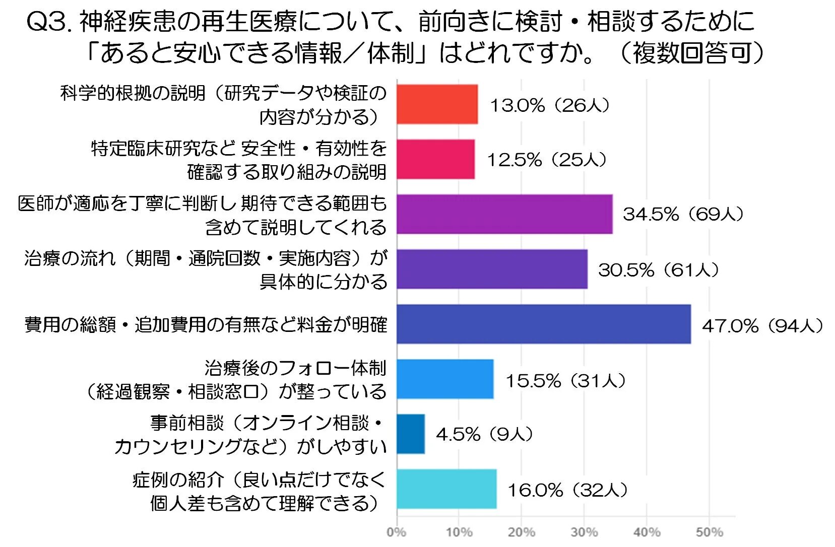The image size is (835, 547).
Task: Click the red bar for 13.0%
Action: (437, 104)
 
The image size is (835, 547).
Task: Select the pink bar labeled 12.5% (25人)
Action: (435, 159)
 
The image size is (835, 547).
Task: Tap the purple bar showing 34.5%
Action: (504, 214)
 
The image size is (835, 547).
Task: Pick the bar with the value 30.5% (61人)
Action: (492, 269)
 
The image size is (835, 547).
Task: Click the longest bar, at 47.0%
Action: (543, 324)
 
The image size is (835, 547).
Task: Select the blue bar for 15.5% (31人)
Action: (445, 379)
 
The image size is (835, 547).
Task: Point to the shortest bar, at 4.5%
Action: (411, 434)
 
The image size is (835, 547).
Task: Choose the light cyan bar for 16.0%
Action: (446, 489)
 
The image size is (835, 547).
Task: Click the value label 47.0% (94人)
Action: (762, 326)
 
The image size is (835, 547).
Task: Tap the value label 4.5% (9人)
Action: (484, 434)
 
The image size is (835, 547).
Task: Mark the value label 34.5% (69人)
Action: (683, 214)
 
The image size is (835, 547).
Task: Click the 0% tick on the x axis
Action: (396, 532)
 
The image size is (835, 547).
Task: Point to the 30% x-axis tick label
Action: (584, 532)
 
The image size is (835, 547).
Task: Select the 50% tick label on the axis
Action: (709, 532)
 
